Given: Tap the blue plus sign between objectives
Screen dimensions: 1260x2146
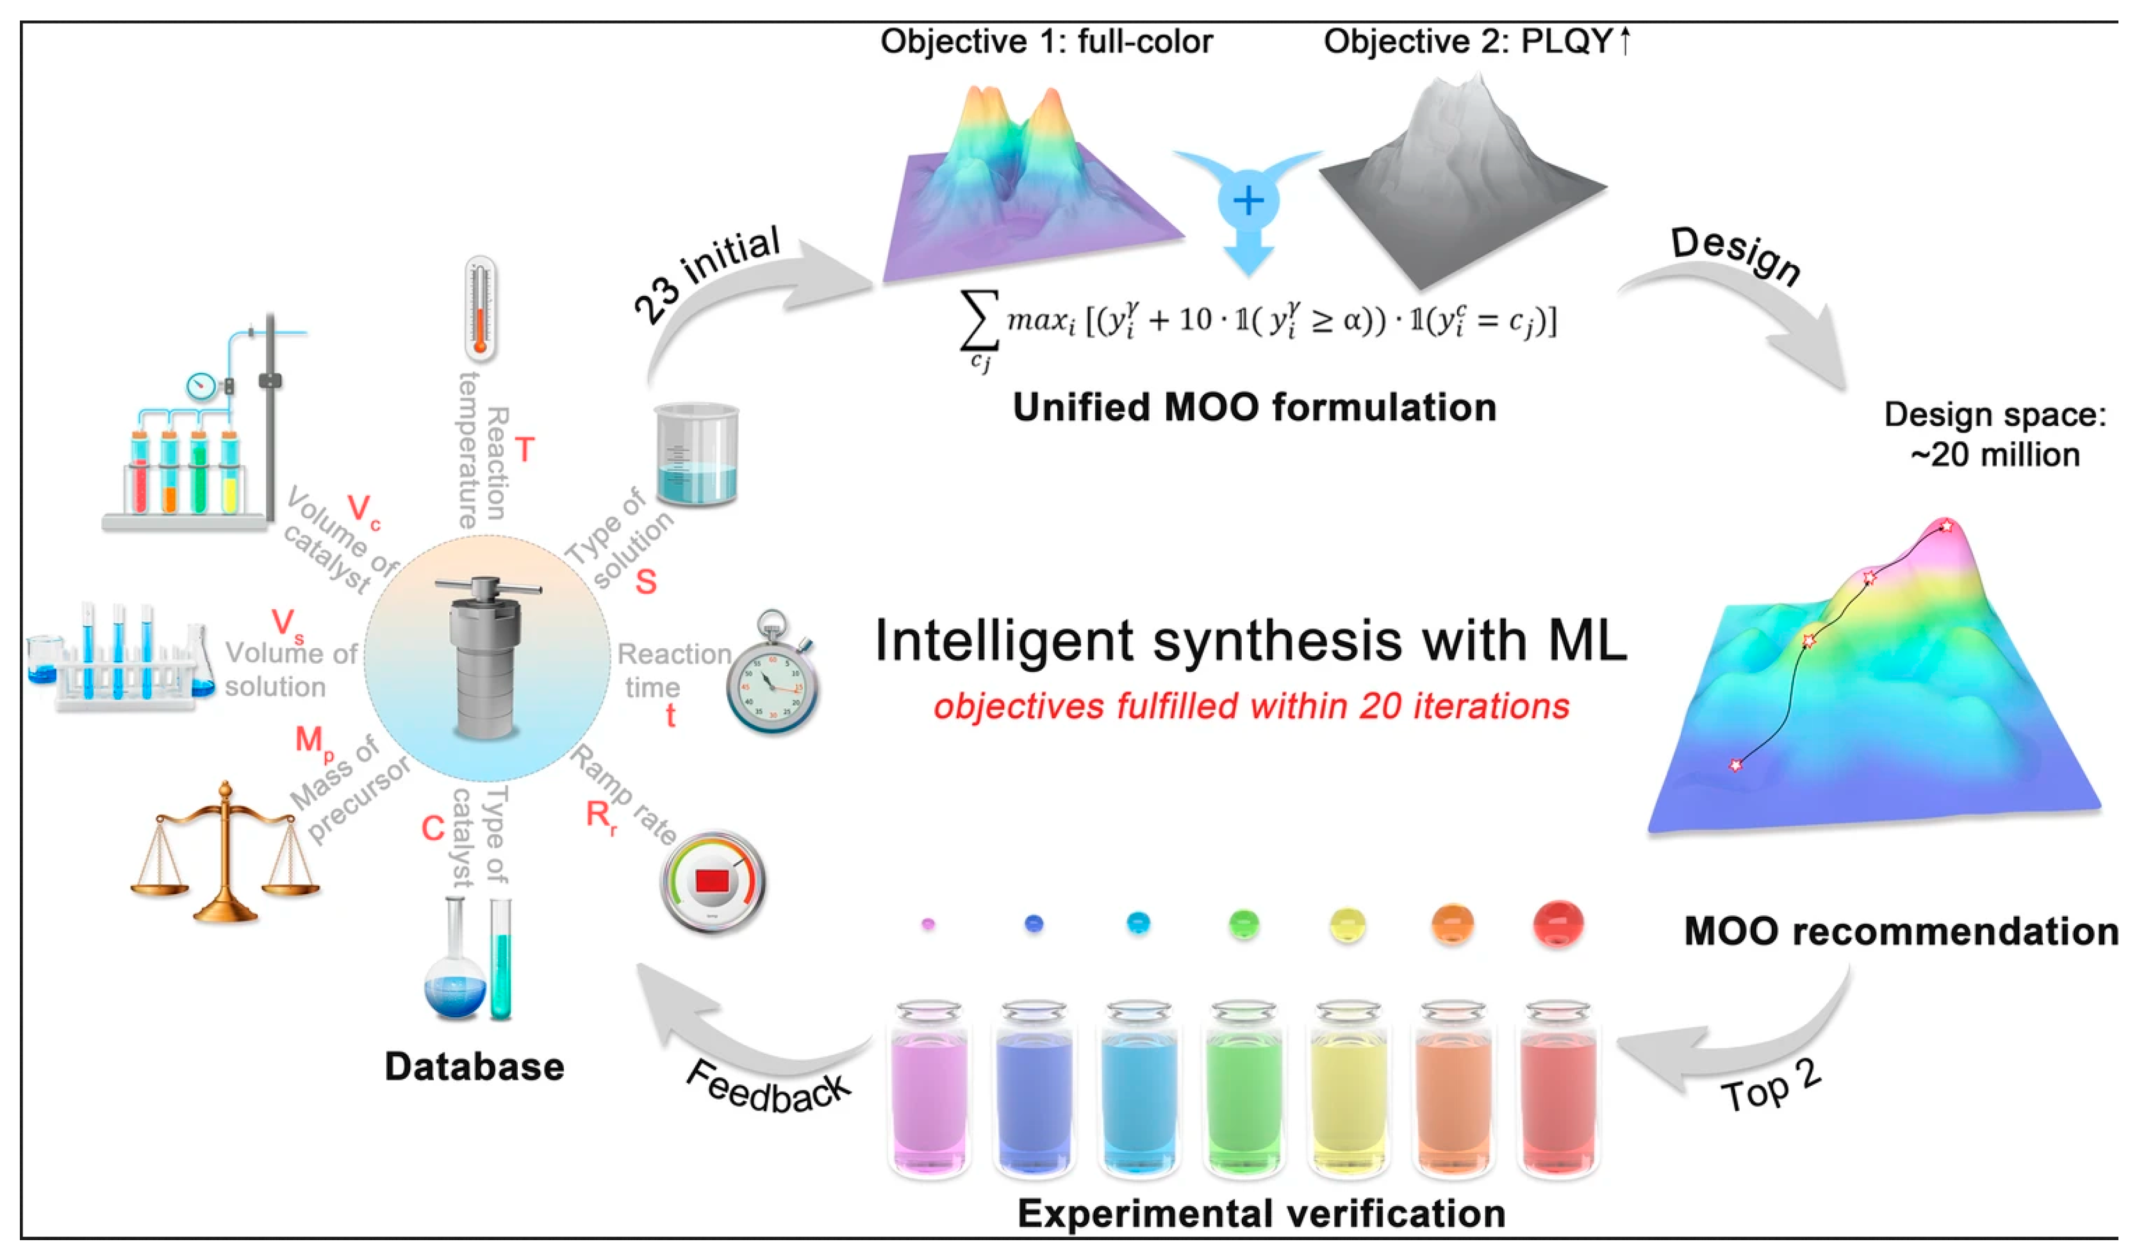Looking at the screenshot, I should coord(1248,202).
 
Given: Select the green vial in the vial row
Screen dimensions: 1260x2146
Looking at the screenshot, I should coord(1243,1094).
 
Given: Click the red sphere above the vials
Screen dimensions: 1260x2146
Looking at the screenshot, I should coord(1558,924).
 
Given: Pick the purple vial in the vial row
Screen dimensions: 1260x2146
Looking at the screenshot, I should coord(929,1094).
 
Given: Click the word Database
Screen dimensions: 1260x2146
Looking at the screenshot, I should coord(474,1067).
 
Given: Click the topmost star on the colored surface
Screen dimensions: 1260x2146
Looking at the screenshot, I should coord(1946,526).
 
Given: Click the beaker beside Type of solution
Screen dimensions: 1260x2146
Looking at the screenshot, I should coord(696,455).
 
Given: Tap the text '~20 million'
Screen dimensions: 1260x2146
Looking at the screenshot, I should coord(1994,455).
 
